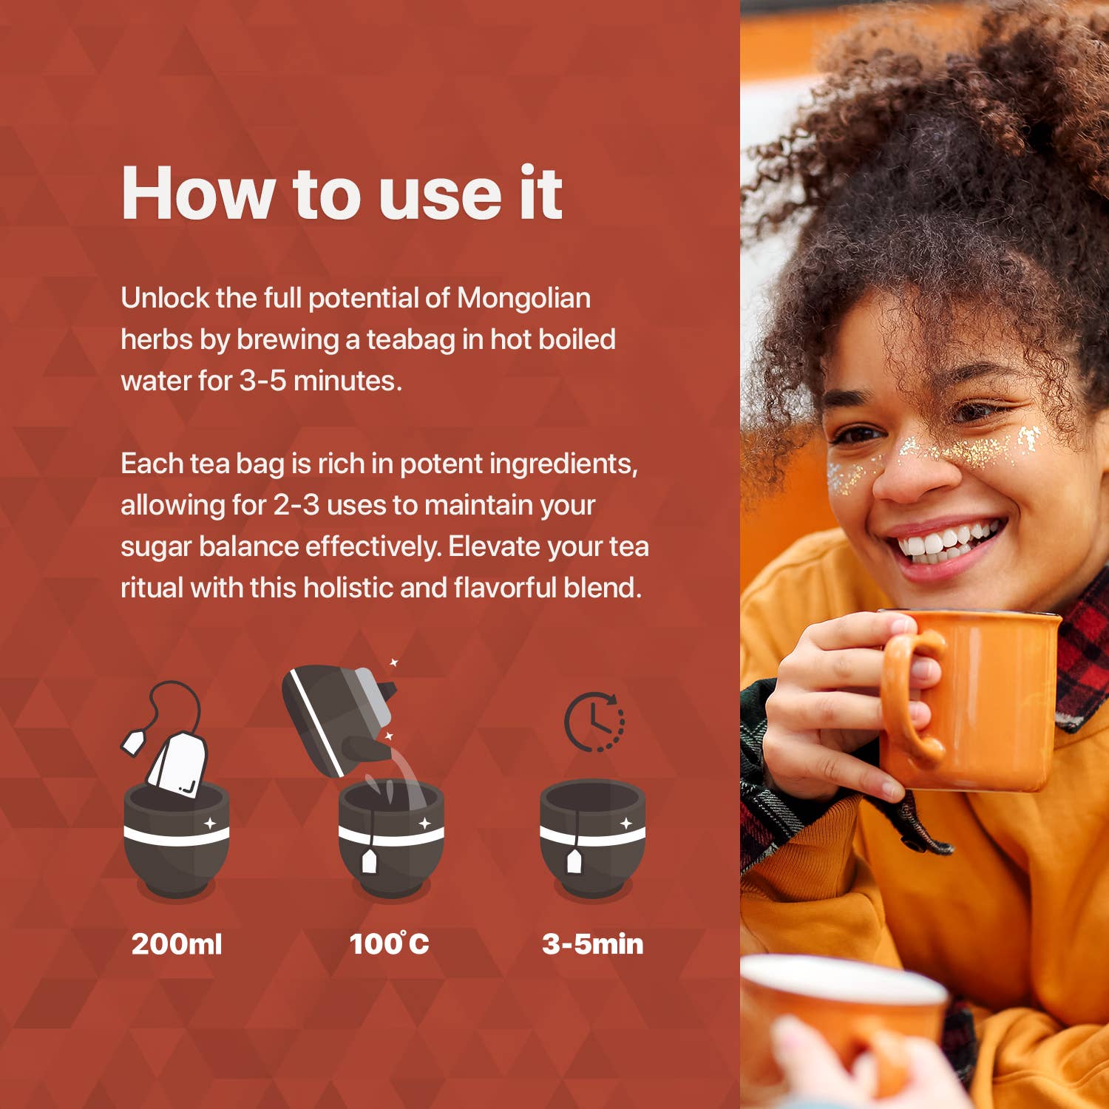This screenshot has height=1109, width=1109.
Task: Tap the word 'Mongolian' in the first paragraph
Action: click(523, 298)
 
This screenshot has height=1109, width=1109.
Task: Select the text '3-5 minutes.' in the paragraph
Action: click(321, 381)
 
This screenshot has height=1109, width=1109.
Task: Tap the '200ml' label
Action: click(177, 944)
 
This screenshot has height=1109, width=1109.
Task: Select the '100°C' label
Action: click(389, 943)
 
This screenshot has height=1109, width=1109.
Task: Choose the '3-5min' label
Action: click(593, 944)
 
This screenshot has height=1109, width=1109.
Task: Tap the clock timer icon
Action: click(594, 722)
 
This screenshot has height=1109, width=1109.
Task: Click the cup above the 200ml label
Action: click(177, 839)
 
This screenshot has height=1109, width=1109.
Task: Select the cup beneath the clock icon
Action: click(593, 839)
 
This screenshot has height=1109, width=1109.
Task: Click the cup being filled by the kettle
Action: click(391, 839)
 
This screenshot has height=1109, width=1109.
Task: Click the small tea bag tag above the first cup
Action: click(132, 742)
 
